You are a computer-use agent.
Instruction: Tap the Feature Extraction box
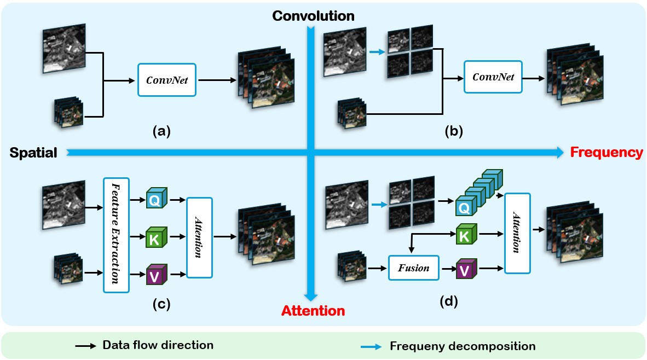pos(115,234)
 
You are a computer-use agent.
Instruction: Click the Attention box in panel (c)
pos(199,237)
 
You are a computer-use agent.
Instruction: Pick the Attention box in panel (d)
pos(517,234)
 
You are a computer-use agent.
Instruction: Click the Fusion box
pos(413,268)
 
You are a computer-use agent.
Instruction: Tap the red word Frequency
pos(605,153)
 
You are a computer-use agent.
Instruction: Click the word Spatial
pos(33,153)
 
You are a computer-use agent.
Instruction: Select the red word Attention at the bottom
pos(313,311)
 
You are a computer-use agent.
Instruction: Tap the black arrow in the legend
pos(85,346)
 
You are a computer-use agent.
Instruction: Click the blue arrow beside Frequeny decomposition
pos(372,346)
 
